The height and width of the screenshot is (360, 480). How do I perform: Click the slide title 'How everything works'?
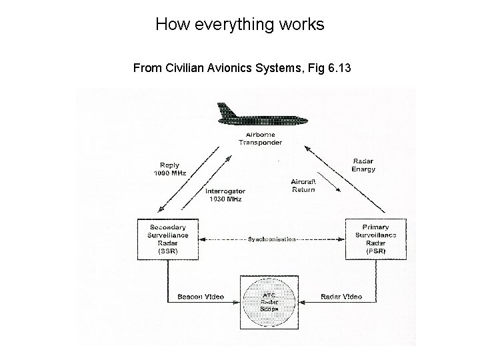pyautogui.click(x=239, y=25)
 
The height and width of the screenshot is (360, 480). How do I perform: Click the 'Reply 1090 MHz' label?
pyautogui.click(x=169, y=169)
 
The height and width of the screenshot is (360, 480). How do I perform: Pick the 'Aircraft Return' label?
pyautogui.click(x=303, y=185)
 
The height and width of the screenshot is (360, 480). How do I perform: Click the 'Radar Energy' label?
pyautogui.click(x=363, y=165)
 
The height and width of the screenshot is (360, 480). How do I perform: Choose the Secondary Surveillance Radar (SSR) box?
pyautogui.click(x=167, y=239)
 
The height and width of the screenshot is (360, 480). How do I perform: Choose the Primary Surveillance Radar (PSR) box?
pyautogui.click(x=374, y=239)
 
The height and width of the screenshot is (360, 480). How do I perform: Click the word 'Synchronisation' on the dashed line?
pyautogui.click(x=271, y=239)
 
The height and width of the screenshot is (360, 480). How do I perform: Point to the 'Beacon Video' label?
pyautogui.click(x=200, y=297)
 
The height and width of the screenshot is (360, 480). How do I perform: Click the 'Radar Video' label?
pyautogui.click(x=341, y=297)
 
